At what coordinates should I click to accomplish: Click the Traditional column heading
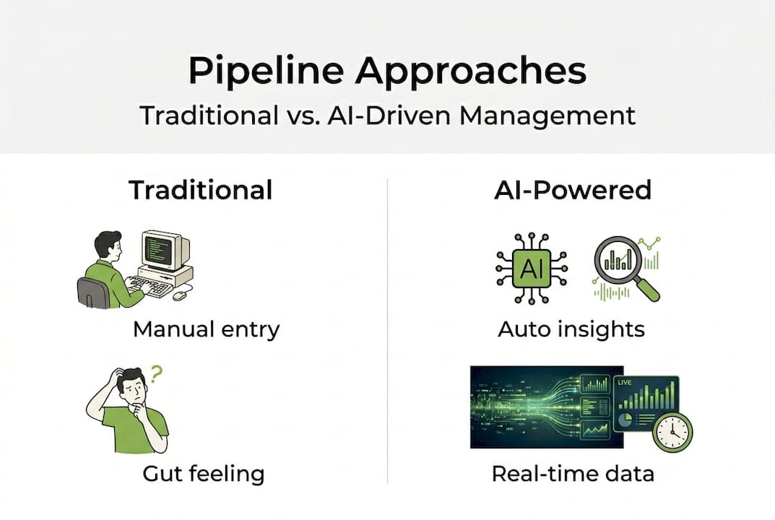coord(200,190)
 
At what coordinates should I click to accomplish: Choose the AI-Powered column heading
coord(573,190)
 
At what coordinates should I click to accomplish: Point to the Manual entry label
coord(206,329)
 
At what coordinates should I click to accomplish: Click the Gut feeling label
coord(203,474)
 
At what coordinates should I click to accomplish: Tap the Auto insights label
coord(571,329)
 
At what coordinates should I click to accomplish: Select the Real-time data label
coord(573,474)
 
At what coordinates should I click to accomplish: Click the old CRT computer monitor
coord(164,251)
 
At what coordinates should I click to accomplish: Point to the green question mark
coord(157,374)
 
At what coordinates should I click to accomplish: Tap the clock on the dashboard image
coord(672,432)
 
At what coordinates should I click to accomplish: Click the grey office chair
coord(92,292)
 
